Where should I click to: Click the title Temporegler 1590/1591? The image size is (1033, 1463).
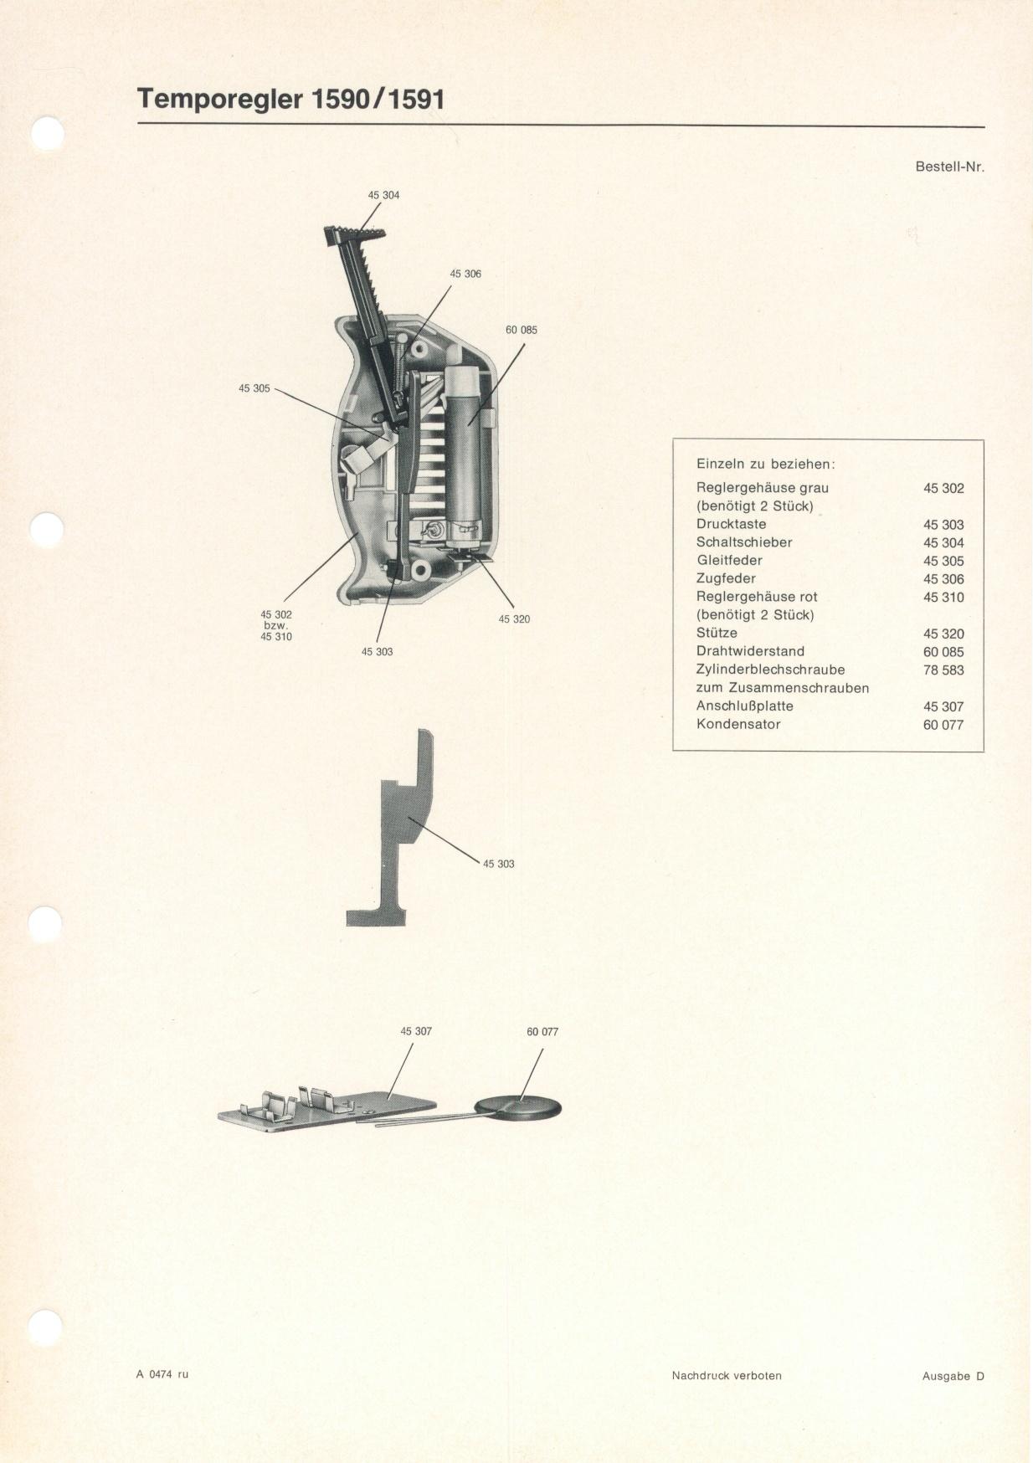pyautogui.click(x=290, y=99)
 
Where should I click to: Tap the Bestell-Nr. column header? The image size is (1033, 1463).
pyautogui.click(x=950, y=166)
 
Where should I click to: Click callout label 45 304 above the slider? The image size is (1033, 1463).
pyautogui.click(x=383, y=195)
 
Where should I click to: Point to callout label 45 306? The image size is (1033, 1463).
pyautogui.click(x=465, y=274)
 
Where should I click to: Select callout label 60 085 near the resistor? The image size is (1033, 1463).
pyautogui.click(x=522, y=330)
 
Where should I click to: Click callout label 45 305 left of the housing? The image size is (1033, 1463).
pyautogui.click(x=254, y=388)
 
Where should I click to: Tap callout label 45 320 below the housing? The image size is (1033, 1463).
pyautogui.click(x=514, y=619)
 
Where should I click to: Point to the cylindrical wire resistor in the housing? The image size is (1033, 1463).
pyautogui.click(x=463, y=447)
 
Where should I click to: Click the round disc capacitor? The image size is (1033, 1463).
pyautogui.click(x=518, y=1108)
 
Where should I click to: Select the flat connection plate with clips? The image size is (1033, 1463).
pyautogui.click(x=326, y=1111)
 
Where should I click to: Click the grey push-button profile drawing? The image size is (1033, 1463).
pyautogui.click(x=392, y=829)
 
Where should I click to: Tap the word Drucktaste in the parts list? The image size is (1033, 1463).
pyautogui.click(x=731, y=524)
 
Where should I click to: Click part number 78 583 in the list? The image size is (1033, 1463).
pyautogui.click(x=943, y=670)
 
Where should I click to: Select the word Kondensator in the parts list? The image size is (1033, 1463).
pyautogui.click(x=738, y=724)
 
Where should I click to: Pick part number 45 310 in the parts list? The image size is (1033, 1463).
pyautogui.click(x=943, y=597)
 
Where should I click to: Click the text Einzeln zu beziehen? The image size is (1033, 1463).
pyautogui.click(x=766, y=464)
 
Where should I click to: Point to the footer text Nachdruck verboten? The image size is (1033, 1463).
pyautogui.click(x=727, y=1375)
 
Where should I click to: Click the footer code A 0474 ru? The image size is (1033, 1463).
pyautogui.click(x=162, y=1373)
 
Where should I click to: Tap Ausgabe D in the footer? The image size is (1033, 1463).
pyautogui.click(x=953, y=1376)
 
